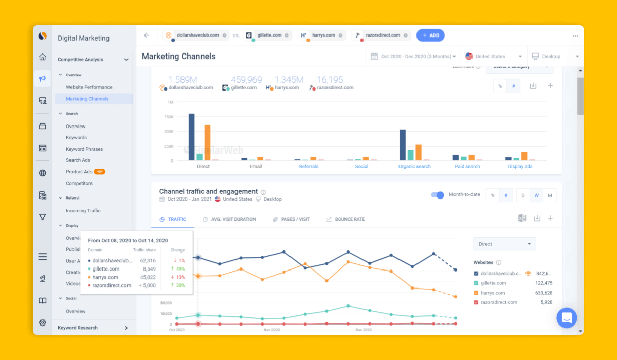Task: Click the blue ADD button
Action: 430,35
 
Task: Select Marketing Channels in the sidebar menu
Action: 87,99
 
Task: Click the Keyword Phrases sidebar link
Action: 84,149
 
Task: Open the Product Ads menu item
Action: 79,172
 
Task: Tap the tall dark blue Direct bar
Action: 191,137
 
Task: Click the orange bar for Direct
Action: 207,142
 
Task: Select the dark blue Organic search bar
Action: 403,145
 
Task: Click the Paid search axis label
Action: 467,167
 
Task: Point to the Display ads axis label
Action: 520,167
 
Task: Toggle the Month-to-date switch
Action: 438,195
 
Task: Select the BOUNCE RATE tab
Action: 350,219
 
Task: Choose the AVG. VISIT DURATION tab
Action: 233,219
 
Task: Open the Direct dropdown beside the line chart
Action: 504,244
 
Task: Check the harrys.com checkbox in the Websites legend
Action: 476,293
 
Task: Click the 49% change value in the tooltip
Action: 180,269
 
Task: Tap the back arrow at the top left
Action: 147,35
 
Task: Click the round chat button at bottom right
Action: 567,318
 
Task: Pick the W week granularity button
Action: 536,195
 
